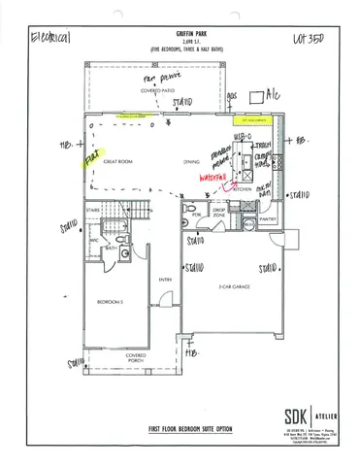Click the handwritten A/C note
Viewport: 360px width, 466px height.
tap(275, 97)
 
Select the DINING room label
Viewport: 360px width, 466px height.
tap(190, 161)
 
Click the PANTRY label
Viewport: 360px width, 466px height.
tap(269, 220)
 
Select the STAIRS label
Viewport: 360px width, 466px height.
tap(95, 209)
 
